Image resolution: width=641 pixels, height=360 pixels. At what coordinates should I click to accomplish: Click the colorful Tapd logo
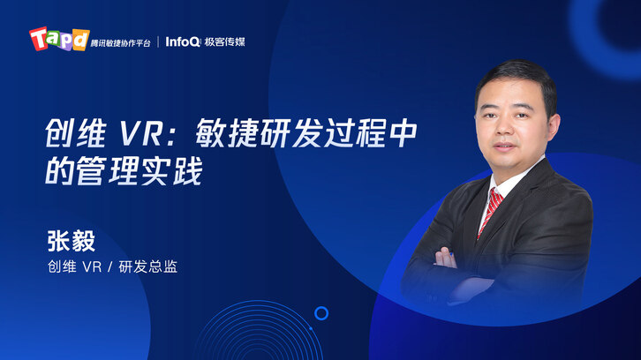coord(59,39)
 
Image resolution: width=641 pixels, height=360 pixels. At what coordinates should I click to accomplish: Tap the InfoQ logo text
coord(183,41)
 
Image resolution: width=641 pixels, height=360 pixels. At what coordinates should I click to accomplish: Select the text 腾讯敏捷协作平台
coord(121,43)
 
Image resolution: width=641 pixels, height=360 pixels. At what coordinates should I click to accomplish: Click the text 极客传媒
coord(224,41)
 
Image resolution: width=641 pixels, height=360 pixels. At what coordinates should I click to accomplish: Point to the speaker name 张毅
coord(72,241)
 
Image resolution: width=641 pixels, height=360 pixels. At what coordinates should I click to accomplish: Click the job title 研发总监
coord(148,266)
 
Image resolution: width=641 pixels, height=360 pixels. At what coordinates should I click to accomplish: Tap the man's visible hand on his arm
coord(445,259)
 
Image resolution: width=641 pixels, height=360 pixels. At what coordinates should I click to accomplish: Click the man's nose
coord(503,129)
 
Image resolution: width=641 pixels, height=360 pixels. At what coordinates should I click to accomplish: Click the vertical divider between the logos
coord(158,41)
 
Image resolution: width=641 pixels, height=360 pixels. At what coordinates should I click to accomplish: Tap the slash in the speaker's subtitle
coord(109,267)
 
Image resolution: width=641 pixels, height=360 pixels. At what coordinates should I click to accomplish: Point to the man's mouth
coord(504,146)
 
